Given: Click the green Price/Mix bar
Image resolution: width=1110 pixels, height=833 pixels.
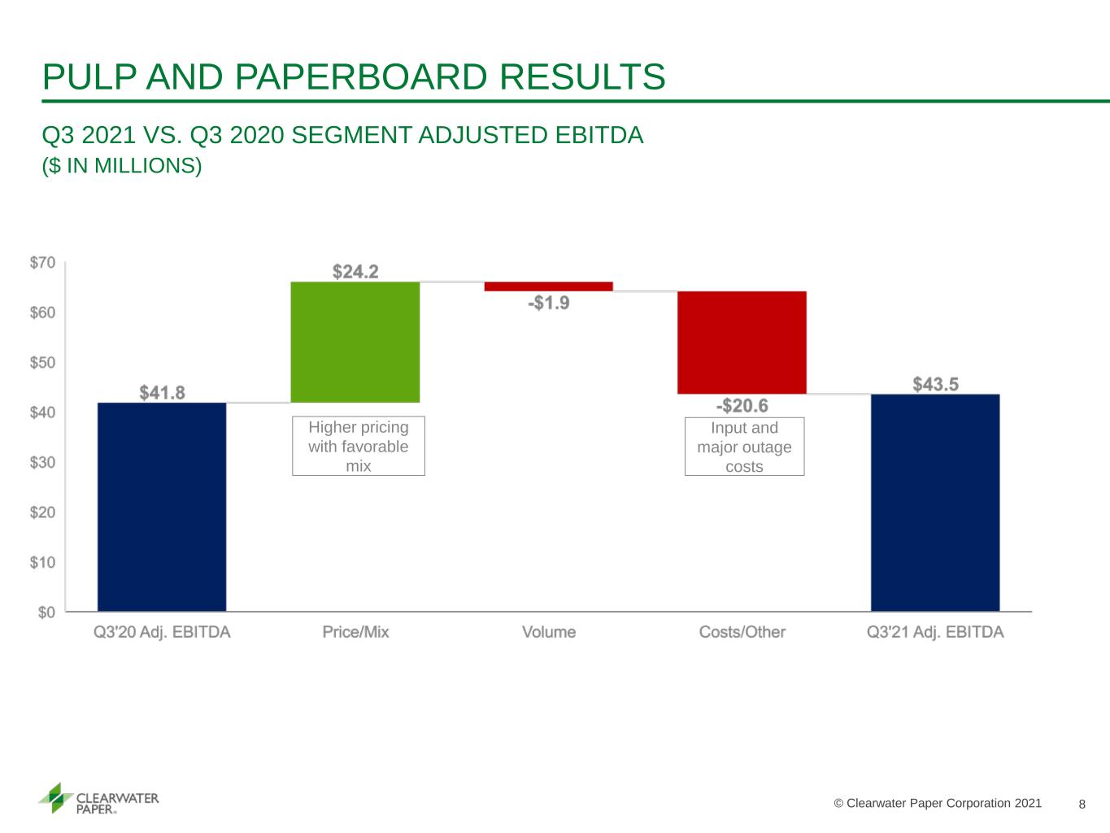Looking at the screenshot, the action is pyautogui.click(x=355, y=342).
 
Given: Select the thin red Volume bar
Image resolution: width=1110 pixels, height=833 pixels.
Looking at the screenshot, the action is pyautogui.click(x=549, y=286).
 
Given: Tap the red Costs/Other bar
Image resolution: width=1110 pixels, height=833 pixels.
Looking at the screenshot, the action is pyautogui.click(x=742, y=342).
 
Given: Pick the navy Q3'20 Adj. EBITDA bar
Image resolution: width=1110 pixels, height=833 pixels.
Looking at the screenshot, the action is pyautogui.click(x=162, y=507).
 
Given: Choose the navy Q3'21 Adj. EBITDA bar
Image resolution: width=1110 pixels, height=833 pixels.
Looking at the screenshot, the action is pyautogui.click(x=935, y=503).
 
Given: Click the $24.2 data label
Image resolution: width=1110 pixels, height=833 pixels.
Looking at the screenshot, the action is pyautogui.click(x=355, y=272).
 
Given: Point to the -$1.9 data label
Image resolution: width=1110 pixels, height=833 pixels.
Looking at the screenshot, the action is pyautogui.click(x=549, y=303).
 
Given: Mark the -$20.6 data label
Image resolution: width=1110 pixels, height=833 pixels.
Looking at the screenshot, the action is pyautogui.click(x=742, y=406).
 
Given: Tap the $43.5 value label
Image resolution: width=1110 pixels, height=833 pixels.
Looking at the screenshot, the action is pyautogui.click(x=935, y=385).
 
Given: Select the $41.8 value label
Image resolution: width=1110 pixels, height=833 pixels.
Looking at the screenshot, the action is pyautogui.click(x=163, y=392).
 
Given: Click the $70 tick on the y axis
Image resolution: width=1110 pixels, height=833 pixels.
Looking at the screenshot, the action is pyautogui.click(x=42, y=263).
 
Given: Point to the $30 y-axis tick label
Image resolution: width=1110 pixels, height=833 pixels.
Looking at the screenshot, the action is pyautogui.click(x=42, y=462).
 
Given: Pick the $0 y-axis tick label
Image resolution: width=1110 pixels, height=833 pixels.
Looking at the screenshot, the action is pyautogui.click(x=46, y=613).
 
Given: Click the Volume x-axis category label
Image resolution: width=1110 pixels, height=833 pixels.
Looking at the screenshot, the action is pyautogui.click(x=549, y=632).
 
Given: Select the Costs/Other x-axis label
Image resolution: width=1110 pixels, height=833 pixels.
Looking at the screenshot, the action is pyautogui.click(x=742, y=632).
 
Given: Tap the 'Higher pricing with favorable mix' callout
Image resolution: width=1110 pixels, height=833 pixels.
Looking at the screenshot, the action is pyautogui.click(x=359, y=446).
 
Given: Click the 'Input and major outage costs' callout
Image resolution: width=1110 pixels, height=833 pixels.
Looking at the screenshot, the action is pyautogui.click(x=744, y=447).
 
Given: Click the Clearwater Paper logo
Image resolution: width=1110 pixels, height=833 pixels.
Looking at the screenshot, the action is pyautogui.click(x=98, y=799).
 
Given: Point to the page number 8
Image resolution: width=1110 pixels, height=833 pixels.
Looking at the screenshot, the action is pyautogui.click(x=1082, y=805).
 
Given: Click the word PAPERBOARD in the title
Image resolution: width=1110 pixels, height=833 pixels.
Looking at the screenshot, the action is pyautogui.click(x=361, y=77).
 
